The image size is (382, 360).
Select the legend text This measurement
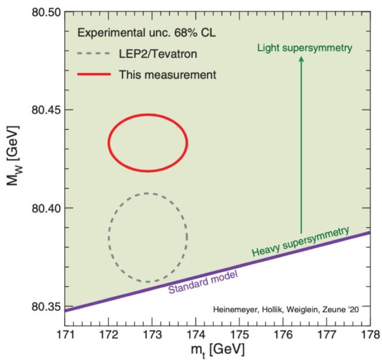[x=167, y=75]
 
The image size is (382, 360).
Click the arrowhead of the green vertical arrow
[x=301, y=59]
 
